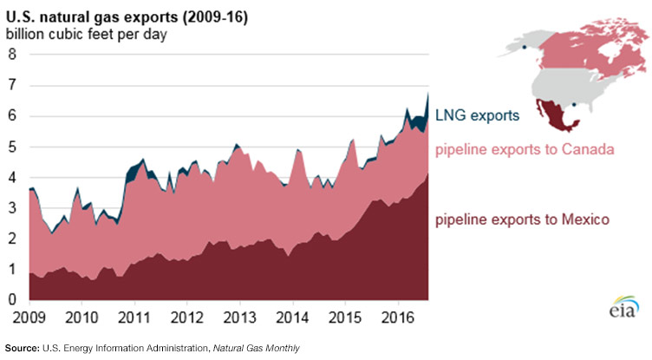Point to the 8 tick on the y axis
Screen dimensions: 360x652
(x=11, y=55)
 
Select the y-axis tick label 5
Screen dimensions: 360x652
(x=11, y=147)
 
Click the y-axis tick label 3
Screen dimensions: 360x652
(x=11, y=208)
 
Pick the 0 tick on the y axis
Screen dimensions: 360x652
(x=11, y=300)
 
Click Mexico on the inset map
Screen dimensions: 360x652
(x=548, y=113)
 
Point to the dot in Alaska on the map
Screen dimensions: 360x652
(x=525, y=45)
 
